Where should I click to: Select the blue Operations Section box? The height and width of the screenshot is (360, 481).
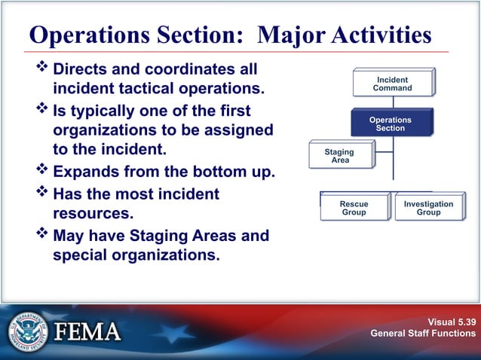(x=390, y=124)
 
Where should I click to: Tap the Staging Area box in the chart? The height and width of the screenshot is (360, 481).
(x=339, y=155)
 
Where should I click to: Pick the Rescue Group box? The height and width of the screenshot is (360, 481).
(x=354, y=208)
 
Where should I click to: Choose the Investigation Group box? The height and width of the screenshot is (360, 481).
(x=428, y=208)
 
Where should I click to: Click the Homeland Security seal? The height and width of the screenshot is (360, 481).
(x=29, y=331)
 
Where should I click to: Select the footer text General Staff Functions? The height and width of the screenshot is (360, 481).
(x=423, y=333)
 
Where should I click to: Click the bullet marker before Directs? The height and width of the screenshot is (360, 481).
(x=42, y=69)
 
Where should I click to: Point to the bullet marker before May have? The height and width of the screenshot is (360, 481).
(x=42, y=235)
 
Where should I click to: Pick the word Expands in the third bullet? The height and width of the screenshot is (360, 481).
(x=90, y=172)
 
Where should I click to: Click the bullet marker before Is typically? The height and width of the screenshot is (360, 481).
(x=42, y=111)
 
